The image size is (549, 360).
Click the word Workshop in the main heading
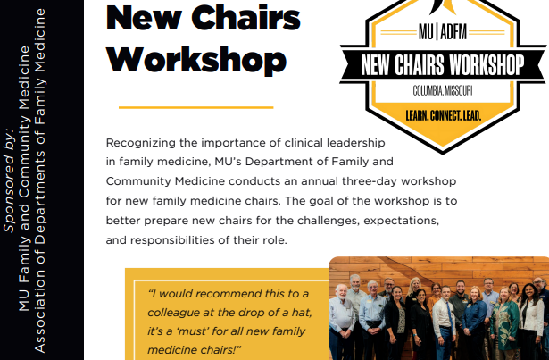click(196, 60)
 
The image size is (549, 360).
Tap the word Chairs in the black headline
click(245, 18)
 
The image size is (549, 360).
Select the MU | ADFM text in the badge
click(443, 32)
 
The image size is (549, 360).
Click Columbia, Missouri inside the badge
click(443, 91)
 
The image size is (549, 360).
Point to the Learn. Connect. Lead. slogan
click(444, 115)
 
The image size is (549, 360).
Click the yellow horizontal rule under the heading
click(196, 107)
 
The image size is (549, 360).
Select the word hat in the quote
click(303, 312)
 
